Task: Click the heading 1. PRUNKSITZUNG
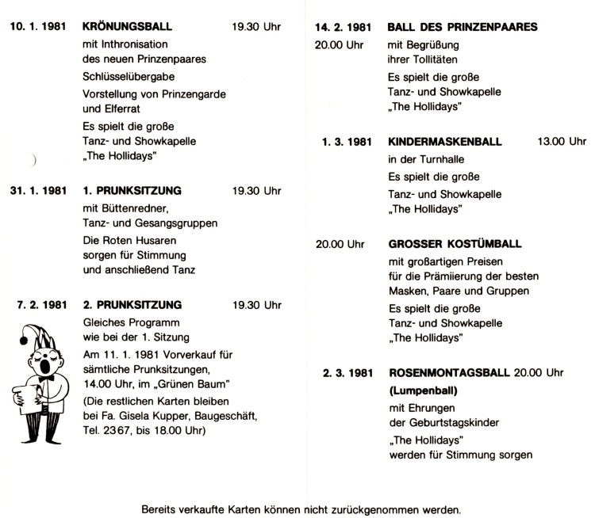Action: pyautogui.click(x=132, y=191)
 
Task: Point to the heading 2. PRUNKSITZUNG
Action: pyautogui.click(x=132, y=304)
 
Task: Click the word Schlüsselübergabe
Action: pyautogui.click(x=129, y=76)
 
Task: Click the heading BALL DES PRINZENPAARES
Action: pyautogui.click(x=463, y=26)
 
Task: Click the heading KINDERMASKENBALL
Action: pyautogui.click(x=445, y=142)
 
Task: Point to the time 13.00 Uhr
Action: pyautogui.click(x=561, y=142)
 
